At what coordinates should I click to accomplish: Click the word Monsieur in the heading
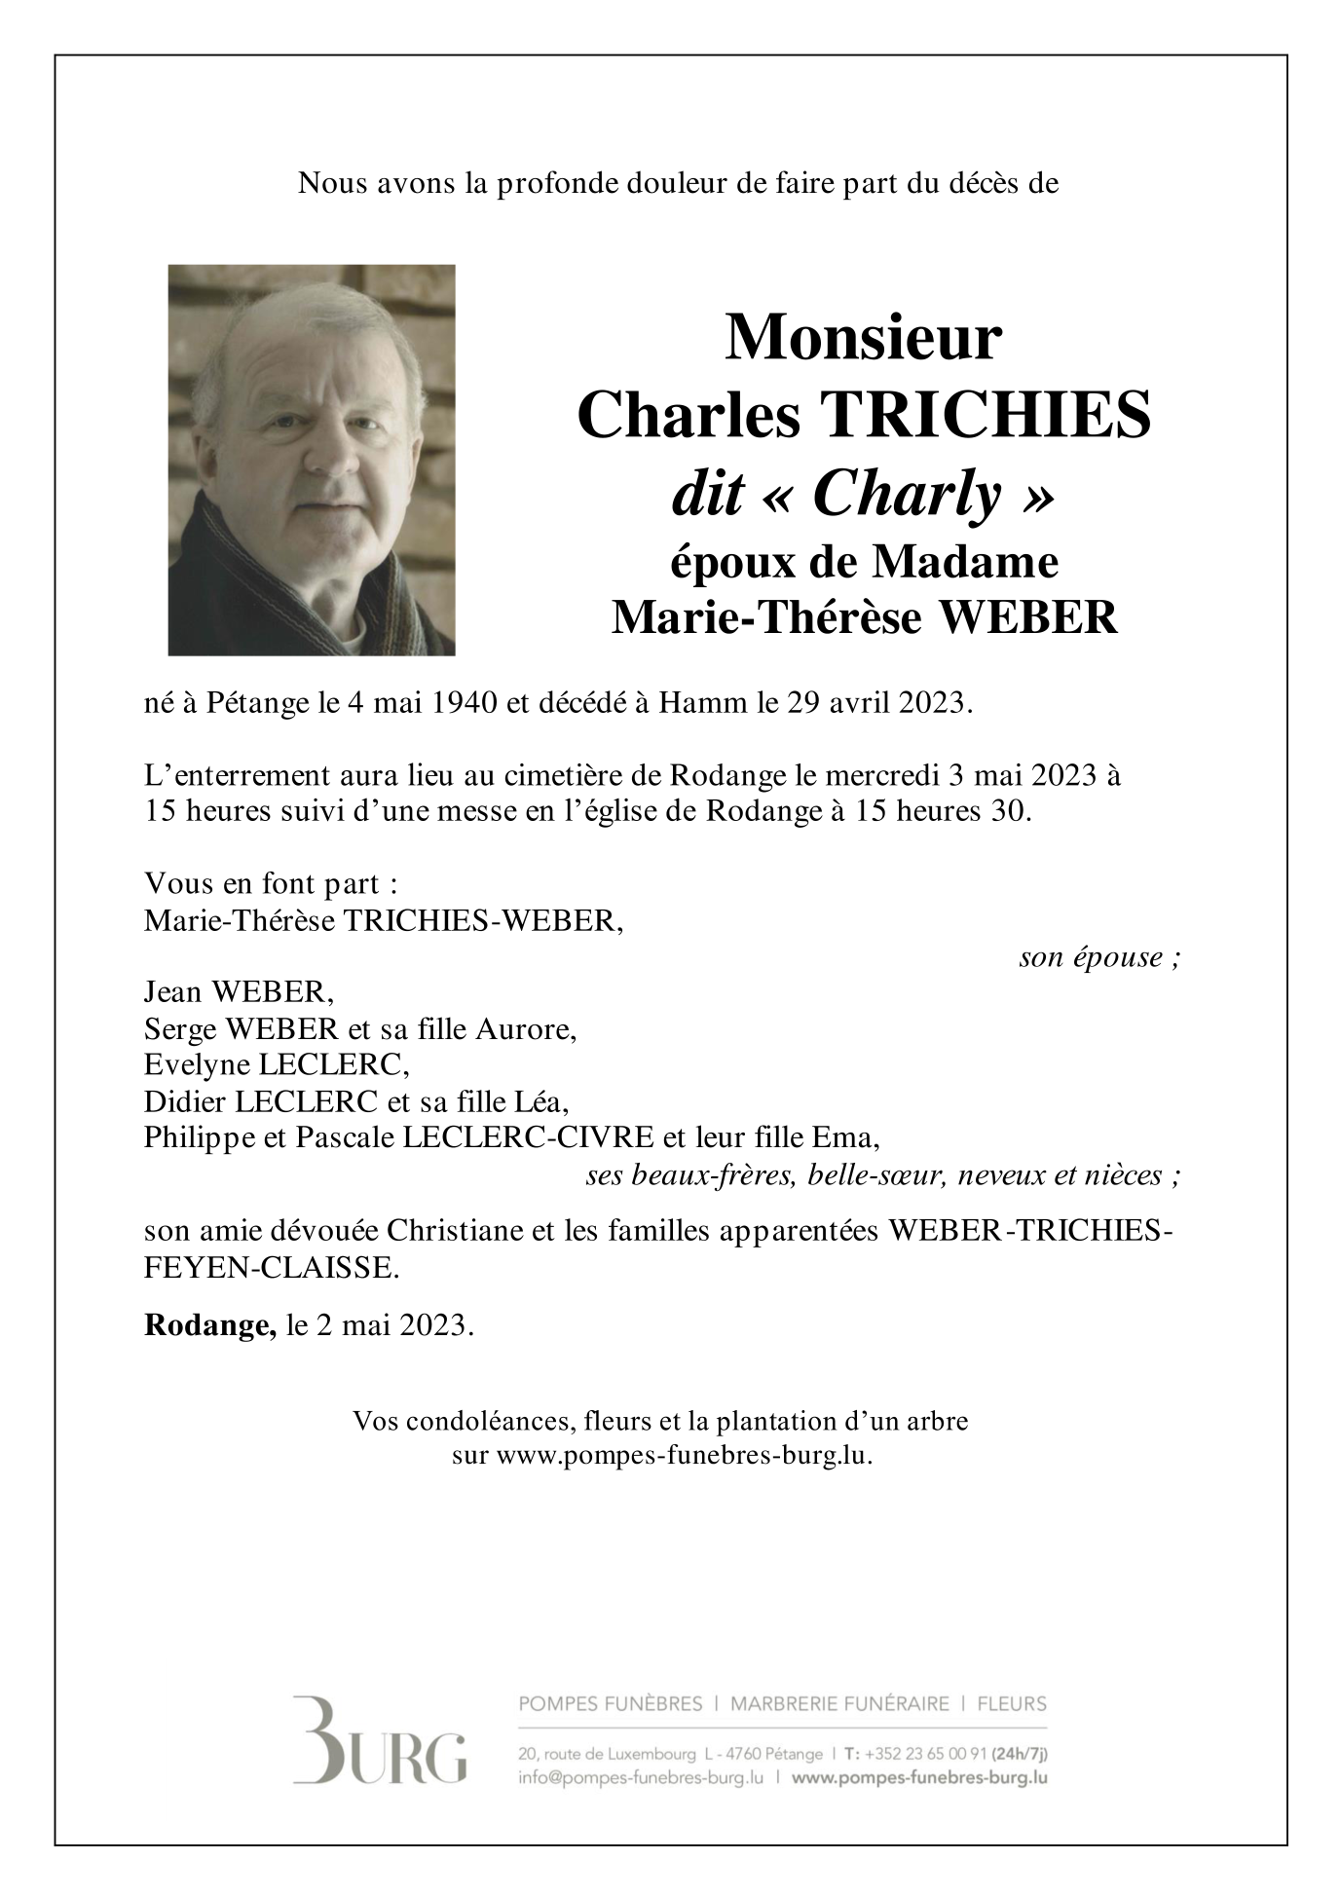[x=863, y=337]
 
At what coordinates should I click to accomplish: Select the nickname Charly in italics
[x=907, y=495]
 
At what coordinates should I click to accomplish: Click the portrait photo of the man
[x=312, y=460]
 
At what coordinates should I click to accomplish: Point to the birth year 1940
[x=463, y=702]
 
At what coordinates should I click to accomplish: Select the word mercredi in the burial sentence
[x=879, y=777]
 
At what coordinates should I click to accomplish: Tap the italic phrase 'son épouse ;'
[x=1099, y=957]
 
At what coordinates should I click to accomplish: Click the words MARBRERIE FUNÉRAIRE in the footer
[x=839, y=1704]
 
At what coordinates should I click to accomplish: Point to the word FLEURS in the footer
[x=1013, y=1704]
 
